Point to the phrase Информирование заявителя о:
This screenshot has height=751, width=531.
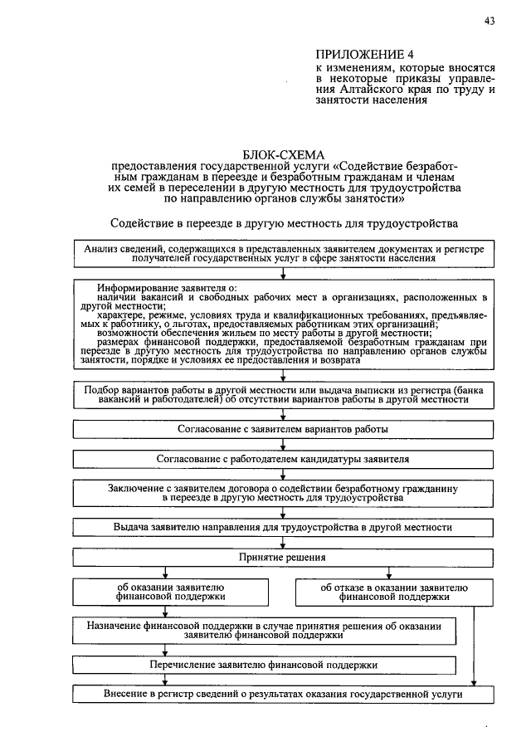166,288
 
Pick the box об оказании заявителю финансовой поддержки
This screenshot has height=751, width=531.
169,592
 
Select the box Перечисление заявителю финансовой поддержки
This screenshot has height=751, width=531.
264,665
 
